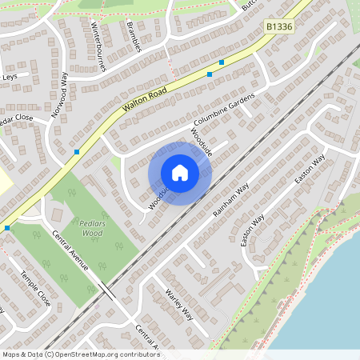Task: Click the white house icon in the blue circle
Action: [180, 173]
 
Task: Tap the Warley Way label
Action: [178, 306]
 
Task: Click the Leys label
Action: [9, 77]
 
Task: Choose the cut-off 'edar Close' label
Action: [16, 117]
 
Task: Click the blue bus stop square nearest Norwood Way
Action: [77, 151]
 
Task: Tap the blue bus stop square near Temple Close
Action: [7, 228]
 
